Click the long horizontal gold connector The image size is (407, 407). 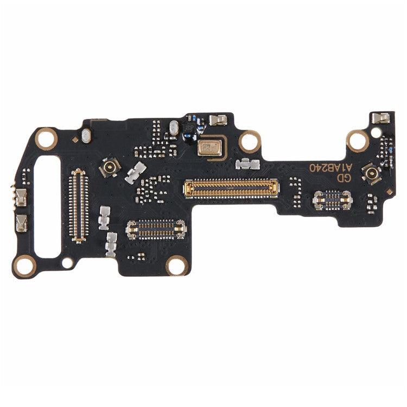[232, 188]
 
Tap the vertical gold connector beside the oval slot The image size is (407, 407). [79, 204]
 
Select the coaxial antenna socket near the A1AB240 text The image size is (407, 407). [372, 174]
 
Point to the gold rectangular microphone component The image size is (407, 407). [209, 147]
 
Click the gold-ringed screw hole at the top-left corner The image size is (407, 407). [46, 138]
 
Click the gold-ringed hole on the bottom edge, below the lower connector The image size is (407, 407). [177, 265]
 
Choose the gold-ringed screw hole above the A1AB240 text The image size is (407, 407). [358, 141]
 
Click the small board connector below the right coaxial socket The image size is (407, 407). [332, 200]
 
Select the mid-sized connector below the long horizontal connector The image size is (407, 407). [156, 230]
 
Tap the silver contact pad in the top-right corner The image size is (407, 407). [380, 118]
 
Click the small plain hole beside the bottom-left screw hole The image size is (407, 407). [67, 263]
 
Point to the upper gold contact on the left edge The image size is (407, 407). [21, 197]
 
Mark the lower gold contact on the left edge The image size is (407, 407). [21, 222]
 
